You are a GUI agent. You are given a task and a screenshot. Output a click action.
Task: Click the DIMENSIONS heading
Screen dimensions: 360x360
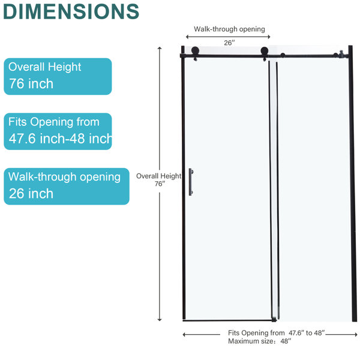[x=71, y=11]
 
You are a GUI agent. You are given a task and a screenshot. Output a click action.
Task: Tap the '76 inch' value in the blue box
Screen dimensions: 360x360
[x=31, y=83]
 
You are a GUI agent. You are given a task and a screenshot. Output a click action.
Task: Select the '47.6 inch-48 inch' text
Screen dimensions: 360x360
[x=60, y=139]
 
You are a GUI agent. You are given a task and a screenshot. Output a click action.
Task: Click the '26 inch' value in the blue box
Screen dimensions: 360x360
[x=31, y=193]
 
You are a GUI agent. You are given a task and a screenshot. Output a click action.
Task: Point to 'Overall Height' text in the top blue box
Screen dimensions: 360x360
[x=45, y=67]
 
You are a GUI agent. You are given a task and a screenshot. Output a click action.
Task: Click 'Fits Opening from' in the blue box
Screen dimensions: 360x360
[x=54, y=122]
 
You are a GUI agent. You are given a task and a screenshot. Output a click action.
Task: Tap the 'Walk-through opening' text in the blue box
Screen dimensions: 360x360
[x=65, y=177]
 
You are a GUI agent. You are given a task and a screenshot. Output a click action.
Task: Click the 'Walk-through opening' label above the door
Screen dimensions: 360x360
[x=229, y=29]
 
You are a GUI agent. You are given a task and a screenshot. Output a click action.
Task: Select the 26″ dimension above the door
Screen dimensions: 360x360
[x=230, y=43]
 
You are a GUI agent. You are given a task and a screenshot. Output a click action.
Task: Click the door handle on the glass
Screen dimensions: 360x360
[x=191, y=182]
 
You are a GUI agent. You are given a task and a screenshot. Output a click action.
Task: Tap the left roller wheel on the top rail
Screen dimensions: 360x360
[x=196, y=51]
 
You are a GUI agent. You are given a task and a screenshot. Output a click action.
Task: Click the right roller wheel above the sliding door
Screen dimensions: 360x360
[x=264, y=51]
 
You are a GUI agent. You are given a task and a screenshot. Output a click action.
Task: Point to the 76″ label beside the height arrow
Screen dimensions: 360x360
[x=160, y=184]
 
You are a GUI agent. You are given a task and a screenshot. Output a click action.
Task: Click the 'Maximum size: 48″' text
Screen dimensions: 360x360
[x=260, y=341]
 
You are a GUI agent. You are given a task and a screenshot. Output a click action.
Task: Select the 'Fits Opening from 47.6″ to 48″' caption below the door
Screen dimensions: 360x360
[x=277, y=333]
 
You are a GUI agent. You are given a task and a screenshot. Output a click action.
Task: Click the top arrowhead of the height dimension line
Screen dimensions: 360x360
[x=160, y=48]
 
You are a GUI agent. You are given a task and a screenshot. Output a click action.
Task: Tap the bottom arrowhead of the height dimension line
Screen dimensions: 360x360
[x=160, y=319]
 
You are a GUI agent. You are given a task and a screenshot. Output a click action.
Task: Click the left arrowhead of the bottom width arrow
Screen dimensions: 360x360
[x=184, y=335]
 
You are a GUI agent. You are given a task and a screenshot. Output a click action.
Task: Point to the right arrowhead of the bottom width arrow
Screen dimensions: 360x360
[x=356, y=335]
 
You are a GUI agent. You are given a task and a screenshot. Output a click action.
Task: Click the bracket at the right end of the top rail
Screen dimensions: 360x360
[x=341, y=55]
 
